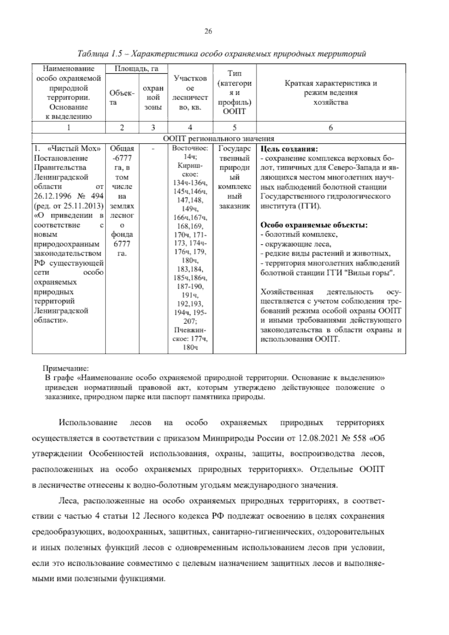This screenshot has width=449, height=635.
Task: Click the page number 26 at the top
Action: tap(208, 31)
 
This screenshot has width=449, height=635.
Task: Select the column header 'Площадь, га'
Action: tap(136, 69)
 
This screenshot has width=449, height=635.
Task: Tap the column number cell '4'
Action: tap(190, 127)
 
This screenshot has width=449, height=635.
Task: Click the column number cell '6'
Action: tap(331, 127)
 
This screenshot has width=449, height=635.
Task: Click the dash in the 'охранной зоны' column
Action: tap(153, 149)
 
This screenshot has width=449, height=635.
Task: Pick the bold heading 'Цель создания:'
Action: tap(289, 149)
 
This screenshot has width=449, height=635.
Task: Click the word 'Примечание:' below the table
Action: tap(66, 368)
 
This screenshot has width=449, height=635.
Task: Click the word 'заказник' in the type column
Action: tap(234, 206)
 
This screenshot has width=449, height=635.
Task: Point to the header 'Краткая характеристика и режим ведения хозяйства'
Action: tap(331, 92)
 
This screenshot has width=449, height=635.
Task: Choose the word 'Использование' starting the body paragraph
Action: tap(88, 423)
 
